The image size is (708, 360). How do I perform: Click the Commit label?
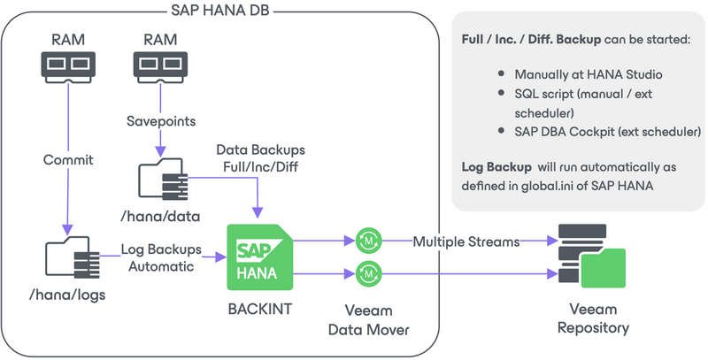[x=68, y=161]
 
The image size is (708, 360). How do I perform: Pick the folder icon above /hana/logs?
[x=68, y=260]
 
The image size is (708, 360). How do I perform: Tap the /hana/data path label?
[x=159, y=217]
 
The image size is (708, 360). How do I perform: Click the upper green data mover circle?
[x=366, y=240]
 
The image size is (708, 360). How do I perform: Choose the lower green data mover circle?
[x=366, y=274]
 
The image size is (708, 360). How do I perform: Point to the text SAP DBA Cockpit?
[x=566, y=132]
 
